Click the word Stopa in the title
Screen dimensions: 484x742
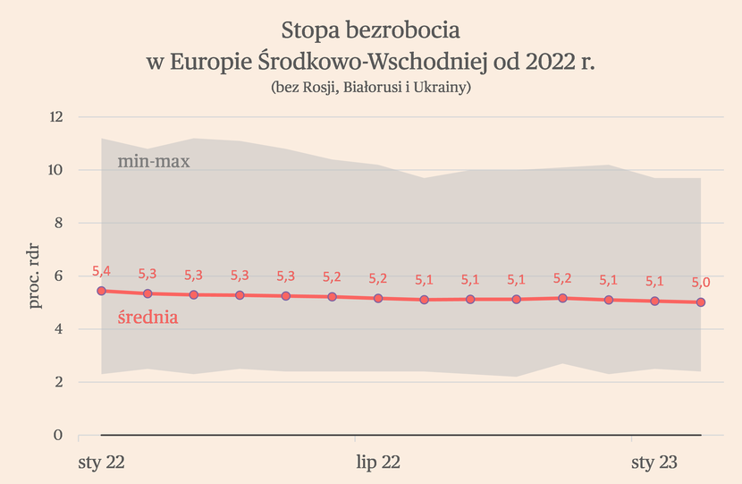(308, 31)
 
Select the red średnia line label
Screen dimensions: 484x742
(148, 317)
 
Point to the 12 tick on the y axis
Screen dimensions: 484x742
(56, 117)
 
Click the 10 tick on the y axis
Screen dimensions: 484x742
(56, 170)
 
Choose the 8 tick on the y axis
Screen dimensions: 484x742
(59, 223)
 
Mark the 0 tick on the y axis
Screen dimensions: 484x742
(59, 435)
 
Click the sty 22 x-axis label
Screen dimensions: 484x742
(102, 463)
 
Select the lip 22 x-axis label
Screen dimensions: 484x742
(378, 463)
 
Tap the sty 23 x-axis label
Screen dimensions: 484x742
(655, 463)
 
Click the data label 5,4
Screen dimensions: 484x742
(102, 270)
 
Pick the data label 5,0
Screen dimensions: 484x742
(701, 282)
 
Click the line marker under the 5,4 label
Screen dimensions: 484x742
(102, 291)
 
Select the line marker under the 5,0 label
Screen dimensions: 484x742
(701, 302)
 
